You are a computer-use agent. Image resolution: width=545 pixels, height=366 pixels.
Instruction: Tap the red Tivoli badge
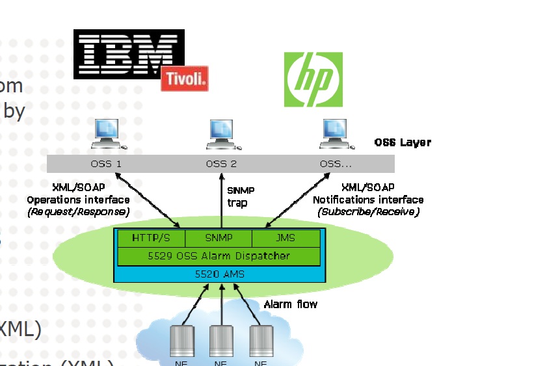coord(185,79)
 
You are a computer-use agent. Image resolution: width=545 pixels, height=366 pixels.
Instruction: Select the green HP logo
coord(313,79)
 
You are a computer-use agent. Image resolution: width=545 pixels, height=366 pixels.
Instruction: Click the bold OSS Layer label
coord(403,142)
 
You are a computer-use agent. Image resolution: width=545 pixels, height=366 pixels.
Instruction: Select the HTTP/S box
coord(150,238)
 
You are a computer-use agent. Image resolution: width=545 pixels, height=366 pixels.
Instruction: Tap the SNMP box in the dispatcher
coord(219,238)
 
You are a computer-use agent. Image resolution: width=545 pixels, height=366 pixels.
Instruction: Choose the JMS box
coord(286,238)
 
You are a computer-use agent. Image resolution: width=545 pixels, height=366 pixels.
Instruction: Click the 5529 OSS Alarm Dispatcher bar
coord(219,256)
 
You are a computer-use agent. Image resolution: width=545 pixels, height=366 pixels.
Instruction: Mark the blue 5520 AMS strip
coord(219,274)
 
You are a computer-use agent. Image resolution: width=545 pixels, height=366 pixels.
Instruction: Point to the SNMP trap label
coord(240,196)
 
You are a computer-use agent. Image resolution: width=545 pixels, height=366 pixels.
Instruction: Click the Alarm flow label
coord(290,304)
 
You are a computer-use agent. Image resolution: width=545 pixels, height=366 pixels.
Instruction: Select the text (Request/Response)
coord(78,211)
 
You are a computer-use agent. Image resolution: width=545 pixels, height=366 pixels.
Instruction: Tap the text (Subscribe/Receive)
coord(368,211)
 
